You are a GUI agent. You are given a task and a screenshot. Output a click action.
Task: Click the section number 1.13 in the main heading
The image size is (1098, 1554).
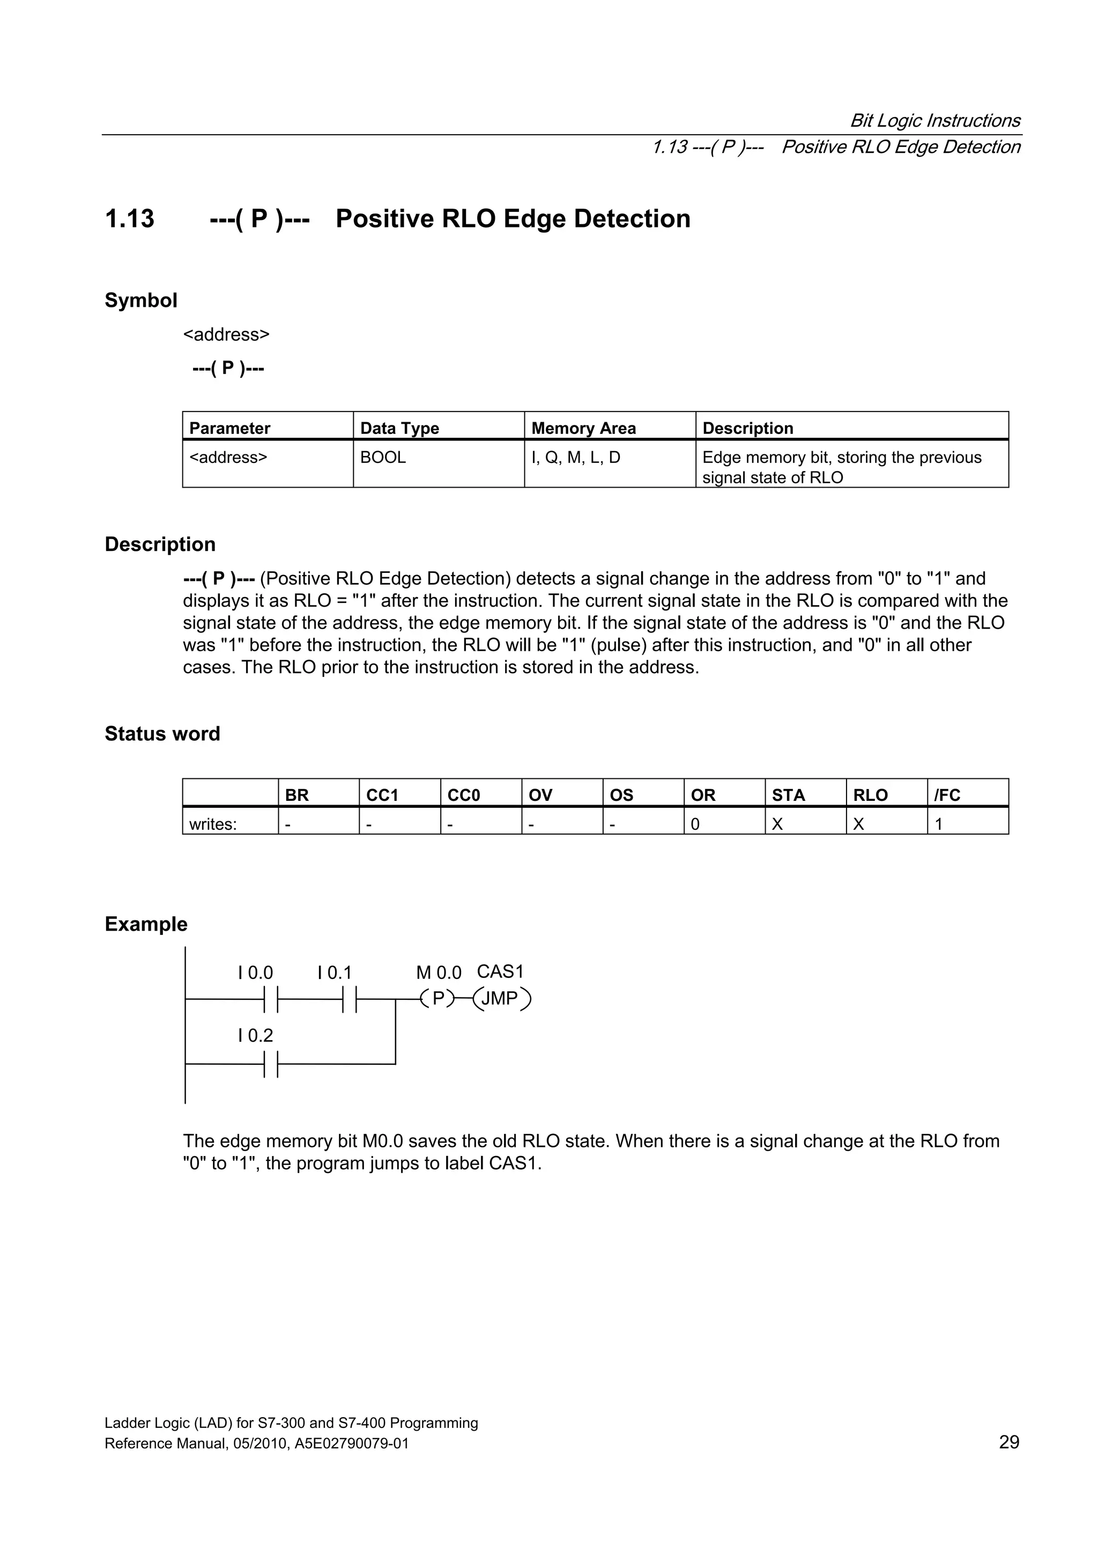(x=129, y=219)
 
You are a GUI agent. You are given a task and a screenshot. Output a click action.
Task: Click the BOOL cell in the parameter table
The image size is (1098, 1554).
(x=383, y=458)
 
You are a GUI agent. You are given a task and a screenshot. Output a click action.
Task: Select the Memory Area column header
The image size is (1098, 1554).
(x=583, y=429)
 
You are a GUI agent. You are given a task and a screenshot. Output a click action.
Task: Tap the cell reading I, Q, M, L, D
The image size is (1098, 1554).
(x=575, y=458)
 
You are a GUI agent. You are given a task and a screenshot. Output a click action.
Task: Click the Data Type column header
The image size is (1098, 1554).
(x=399, y=429)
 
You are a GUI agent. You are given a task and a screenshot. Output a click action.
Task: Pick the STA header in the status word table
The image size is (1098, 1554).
(x=788, y=796)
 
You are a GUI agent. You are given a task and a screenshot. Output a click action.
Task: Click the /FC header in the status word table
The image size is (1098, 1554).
(x=947, y=796)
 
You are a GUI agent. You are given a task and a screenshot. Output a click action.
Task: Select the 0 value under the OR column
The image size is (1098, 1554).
(x=695, y=824)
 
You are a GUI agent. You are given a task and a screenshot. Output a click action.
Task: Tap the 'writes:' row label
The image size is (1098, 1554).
(x=213, y=824)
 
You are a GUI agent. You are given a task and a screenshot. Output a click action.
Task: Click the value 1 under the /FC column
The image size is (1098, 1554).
(x=939, y=824)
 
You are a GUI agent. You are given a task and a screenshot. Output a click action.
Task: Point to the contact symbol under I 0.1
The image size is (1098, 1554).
(x=349, y=999)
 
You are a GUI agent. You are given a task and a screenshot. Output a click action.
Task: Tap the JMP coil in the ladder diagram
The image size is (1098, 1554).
(x=501, y=999)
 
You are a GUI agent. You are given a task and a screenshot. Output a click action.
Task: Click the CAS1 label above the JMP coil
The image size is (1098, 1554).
(x=500, y=972)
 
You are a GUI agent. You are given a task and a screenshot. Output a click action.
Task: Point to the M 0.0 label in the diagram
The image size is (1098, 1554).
(x=439, y=973)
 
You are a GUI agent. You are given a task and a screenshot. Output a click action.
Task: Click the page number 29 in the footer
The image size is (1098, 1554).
(x=1008, y=1442)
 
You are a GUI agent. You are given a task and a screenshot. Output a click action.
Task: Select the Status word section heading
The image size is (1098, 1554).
(x=162, y=734)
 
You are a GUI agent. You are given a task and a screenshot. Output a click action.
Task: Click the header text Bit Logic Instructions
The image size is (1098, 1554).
(x=934, y=121)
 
